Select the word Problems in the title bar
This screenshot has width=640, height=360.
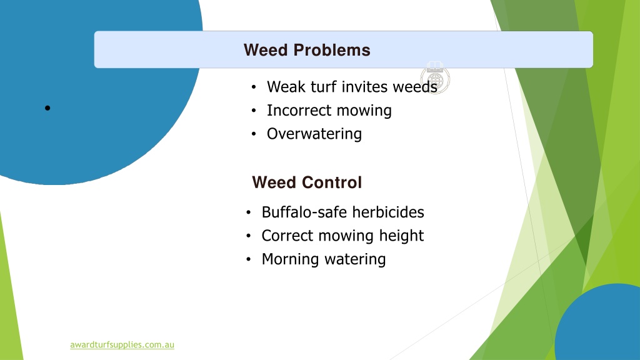[x=332, y=50]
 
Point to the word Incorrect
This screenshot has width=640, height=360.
[x=299, y=110]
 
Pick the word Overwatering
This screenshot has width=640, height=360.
[x=314, y=134]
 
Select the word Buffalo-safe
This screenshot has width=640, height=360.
[x=304, y=212]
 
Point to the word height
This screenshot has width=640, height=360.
[x=401, y=236]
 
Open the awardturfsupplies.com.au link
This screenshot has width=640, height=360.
[x=122, y=344]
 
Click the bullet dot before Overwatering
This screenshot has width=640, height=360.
[x=254, y=134]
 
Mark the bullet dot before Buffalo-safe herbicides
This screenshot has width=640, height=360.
[x=249, y=212]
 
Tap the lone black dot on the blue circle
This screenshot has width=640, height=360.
[x=47, y=108]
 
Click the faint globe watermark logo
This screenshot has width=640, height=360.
[x=435, y=77]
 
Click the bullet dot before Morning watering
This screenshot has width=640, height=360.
[x=249, y=259]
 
